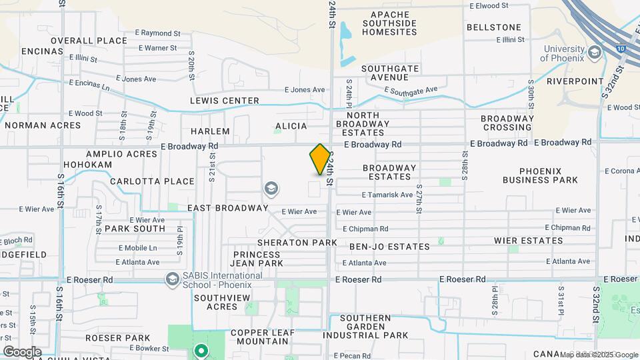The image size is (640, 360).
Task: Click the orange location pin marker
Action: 320,159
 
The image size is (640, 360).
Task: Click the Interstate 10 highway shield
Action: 621,49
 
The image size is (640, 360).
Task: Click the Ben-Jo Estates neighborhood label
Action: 389,247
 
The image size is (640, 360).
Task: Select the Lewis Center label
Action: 225,101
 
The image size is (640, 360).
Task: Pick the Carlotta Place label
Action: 152,181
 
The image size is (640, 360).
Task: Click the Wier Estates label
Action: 528,241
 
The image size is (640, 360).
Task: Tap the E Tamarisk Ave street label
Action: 387,195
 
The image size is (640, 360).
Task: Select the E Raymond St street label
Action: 158,33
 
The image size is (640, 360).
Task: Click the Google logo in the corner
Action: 22,351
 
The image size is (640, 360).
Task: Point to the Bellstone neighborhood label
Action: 493,27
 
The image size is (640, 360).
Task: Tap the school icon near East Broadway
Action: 271,189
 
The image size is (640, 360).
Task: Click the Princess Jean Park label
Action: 257,259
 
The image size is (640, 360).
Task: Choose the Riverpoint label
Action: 566,81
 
